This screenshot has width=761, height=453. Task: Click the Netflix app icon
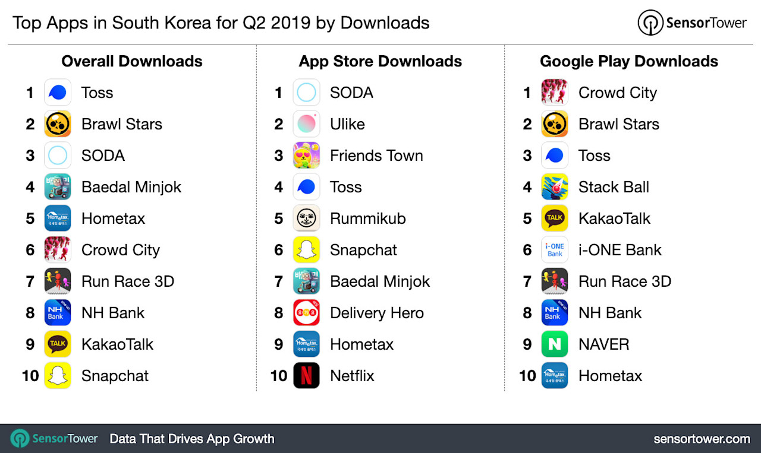click(306, 376)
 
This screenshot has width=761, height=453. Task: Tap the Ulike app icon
click(306, 124)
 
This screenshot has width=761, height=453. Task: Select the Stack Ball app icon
click(555, 187)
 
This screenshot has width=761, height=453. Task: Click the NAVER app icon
click(555, 344)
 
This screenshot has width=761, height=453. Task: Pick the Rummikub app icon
click(306, 218)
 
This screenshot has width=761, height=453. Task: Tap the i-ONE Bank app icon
click(555, 250)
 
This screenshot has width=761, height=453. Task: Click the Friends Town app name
click(376, 156)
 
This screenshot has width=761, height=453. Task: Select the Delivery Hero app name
click(377, 313)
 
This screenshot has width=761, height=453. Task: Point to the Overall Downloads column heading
click(132, 61)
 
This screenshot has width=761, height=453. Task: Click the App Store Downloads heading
click(380, 61)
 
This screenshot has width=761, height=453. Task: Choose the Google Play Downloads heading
click(629, 61)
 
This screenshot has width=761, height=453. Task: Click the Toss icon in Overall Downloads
click(58, 93)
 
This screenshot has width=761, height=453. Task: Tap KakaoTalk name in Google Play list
click(614, 218)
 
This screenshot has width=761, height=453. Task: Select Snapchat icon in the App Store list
click(306, 250)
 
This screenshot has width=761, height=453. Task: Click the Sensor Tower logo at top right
click(692, 23)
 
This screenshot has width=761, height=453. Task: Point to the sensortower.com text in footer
click(702, 439)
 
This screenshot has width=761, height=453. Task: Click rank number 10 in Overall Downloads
click(30, 376)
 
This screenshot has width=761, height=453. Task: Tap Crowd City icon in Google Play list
click(555, 93)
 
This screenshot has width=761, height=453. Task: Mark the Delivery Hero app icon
click(306, 313)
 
